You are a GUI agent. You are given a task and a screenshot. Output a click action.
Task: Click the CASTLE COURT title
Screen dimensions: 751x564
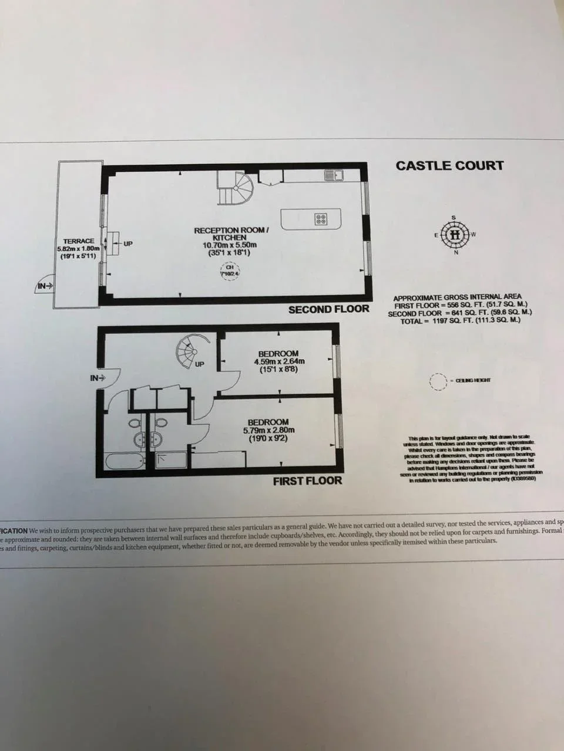coord(449,165)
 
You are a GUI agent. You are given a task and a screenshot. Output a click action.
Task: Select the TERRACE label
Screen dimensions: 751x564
coord(79,241)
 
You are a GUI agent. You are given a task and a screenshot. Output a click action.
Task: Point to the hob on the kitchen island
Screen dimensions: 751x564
coord(321,219)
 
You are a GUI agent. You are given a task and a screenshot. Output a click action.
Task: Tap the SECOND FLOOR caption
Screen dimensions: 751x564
coord(328,309)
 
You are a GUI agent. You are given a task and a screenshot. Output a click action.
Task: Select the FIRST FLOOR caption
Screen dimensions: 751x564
coord(307,481)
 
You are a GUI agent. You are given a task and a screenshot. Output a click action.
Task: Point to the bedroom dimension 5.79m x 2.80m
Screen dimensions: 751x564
coord(268,430)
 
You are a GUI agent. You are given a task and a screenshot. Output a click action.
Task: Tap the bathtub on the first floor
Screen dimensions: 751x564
coord(125,461)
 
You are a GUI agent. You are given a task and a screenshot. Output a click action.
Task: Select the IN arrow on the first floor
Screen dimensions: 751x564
coord(98,378)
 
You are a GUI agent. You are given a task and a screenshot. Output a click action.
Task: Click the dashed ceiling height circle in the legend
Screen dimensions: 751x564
coord(437,381)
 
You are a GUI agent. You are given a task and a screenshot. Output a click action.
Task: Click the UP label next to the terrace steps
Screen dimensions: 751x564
coord(127,243)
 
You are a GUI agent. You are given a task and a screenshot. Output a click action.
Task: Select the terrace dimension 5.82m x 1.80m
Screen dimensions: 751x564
coord(79,249)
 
